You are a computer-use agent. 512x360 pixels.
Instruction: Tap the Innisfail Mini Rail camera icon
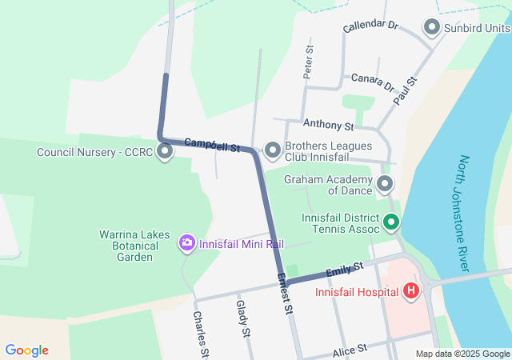click(x=187, y=242)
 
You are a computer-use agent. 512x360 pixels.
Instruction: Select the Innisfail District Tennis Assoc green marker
click(x=391, y=222)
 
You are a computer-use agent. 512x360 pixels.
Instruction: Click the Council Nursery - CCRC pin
click(x=166, y=150)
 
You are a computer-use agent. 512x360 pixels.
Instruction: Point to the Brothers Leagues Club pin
click(x=273, y=150)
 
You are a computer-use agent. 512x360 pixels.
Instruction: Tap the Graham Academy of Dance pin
click(x=385, y=185)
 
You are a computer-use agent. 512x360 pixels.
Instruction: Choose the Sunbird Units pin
click(x=432, y=28)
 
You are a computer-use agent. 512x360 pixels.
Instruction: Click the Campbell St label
click(x=212, y=145)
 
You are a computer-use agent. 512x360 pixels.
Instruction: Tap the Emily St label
click(x=346, y=266)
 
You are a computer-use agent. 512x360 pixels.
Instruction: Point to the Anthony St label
click(x=328, y=125)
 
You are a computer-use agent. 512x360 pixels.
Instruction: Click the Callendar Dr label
click(x=370, y=26)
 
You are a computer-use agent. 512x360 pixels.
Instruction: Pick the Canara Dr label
click(x=373, y=81)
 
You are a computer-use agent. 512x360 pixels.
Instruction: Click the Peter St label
click(x=309, y=61)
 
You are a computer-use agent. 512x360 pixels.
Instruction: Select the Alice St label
click(x=350, y=349)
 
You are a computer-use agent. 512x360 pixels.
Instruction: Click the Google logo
click(x=27, y=350)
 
